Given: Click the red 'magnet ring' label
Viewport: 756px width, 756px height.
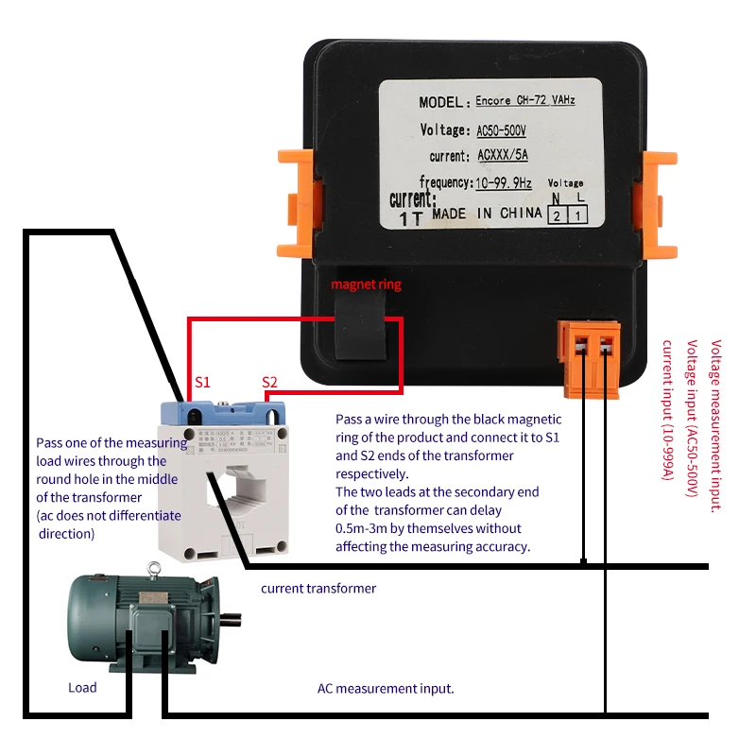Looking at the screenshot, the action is coord(366,284).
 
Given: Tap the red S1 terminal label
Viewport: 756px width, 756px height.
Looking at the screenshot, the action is coord(202,382).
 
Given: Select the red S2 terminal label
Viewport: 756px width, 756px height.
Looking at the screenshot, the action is coord(270,382).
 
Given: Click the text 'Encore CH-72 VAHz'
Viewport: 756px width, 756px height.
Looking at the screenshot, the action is coord(524,100).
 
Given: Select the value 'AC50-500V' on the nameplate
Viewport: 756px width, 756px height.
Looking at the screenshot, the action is coord(502,129).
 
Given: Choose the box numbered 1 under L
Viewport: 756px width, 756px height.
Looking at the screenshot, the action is coord(576,215).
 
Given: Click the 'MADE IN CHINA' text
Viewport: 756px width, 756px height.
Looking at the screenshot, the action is coord(487,215).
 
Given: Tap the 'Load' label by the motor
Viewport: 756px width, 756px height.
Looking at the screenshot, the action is coord(82,687).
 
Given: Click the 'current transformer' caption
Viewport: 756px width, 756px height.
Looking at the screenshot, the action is coord(318,589).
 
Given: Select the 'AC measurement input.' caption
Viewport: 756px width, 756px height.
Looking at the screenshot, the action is coord(386,689).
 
